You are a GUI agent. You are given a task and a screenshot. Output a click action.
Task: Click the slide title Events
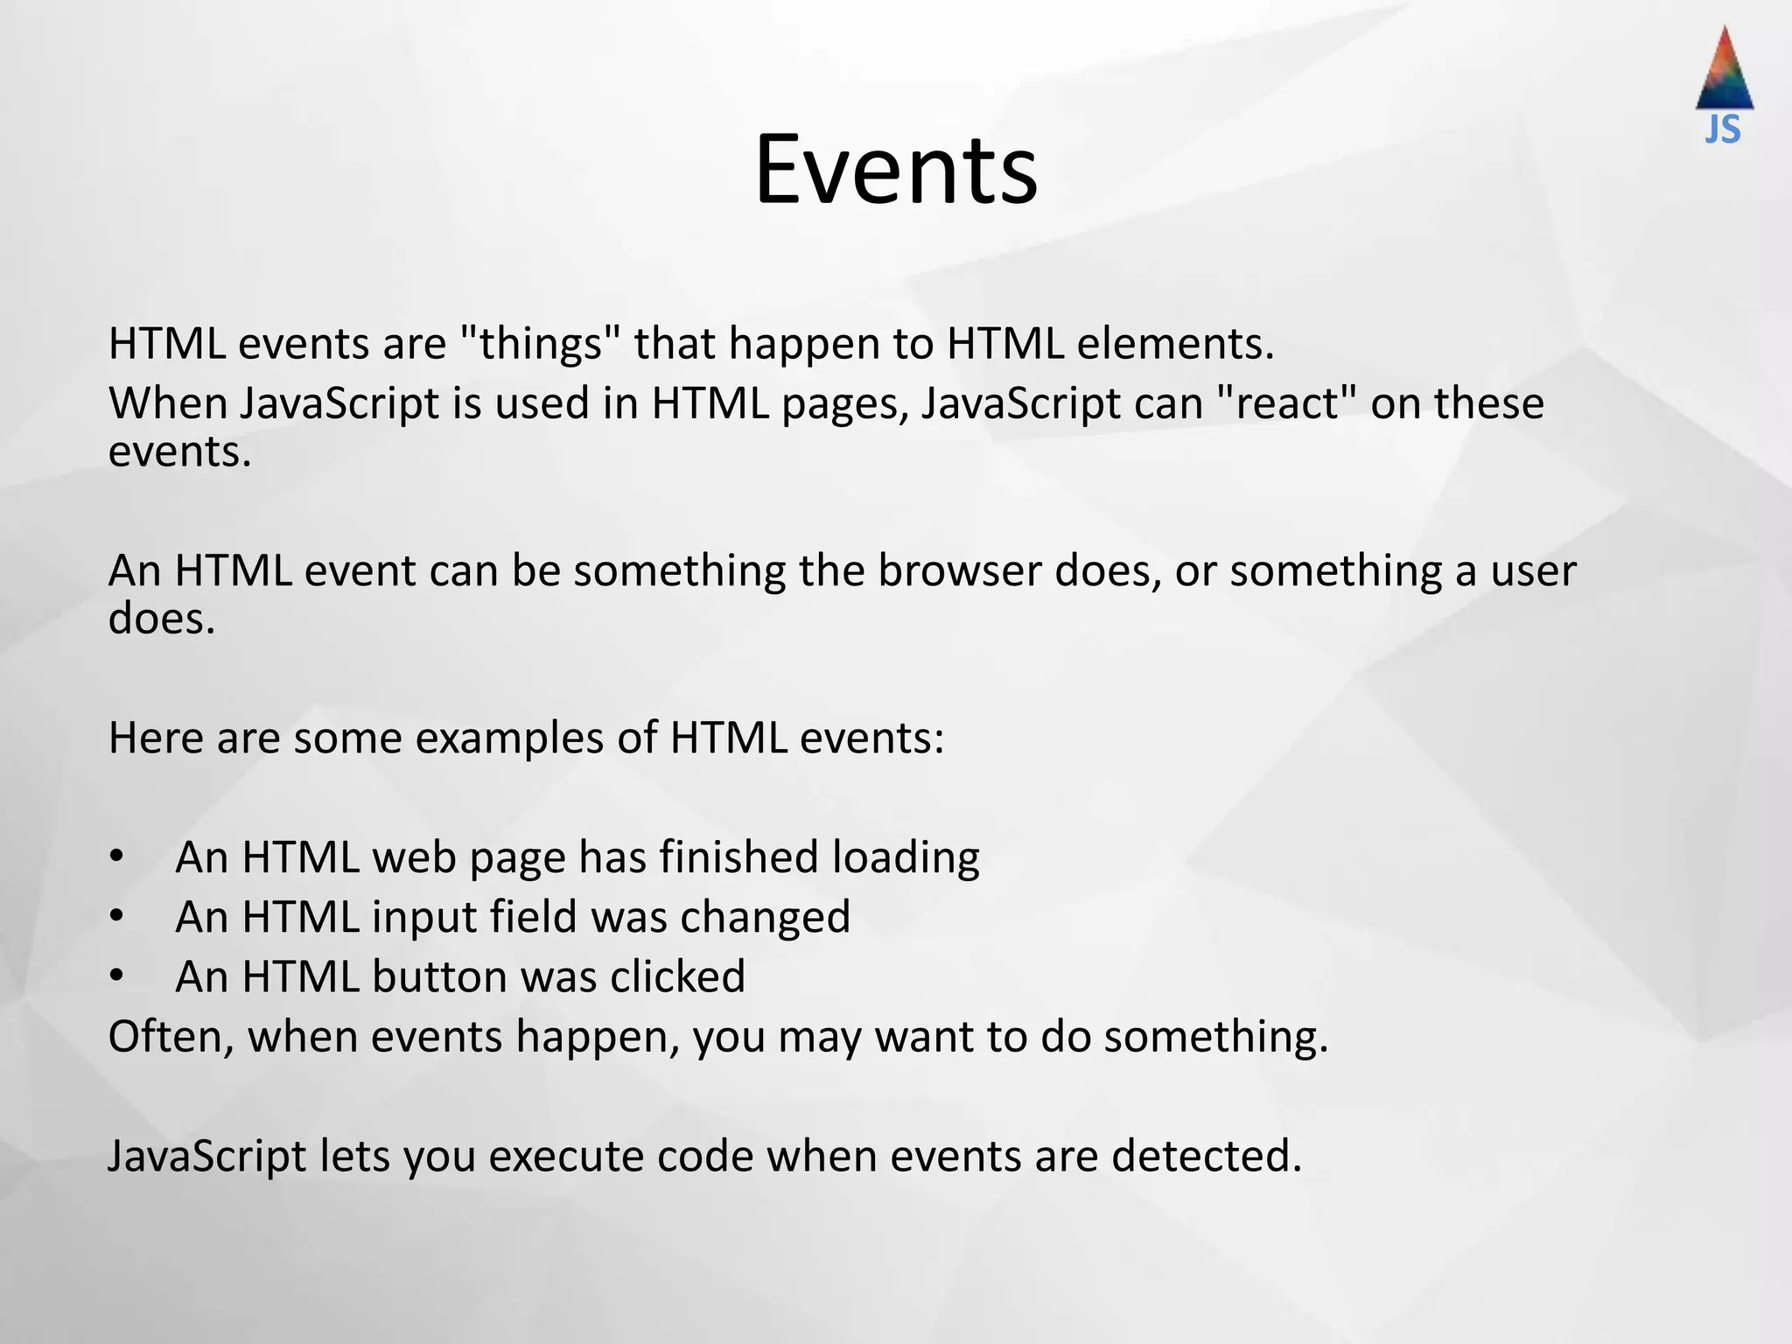tap(896, 169)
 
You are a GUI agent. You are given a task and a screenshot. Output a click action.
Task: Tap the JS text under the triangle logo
tap(1723, 129)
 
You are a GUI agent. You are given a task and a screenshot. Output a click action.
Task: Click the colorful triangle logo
tap(1725, 70)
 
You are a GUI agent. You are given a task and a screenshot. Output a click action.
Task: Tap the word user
tap(1533, 570)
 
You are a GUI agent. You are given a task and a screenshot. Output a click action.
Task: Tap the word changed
tap(765, 917)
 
